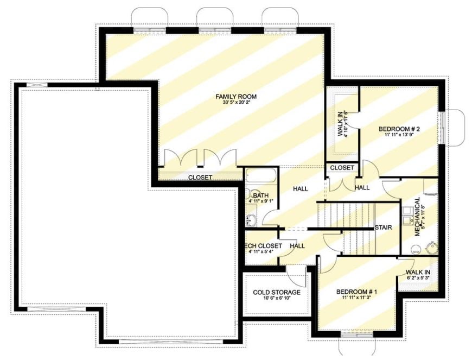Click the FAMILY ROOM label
click(235, 97)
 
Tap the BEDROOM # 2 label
click(399, 129)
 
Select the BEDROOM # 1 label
click(356, 292)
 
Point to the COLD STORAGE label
click(277, 293)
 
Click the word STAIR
click(383, 228)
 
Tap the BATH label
click(260, 195)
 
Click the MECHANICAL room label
click(417, 216)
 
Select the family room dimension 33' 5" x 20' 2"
click(235, 103)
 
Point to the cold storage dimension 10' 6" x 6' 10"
click(277, 299)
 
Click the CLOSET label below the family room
click(200, 178)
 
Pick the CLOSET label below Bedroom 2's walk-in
click(342, 168)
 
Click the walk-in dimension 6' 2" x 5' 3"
click(418, 278)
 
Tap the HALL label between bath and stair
click(300, 189)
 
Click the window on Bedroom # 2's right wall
click(442, 127)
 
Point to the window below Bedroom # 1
click(356, 331)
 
